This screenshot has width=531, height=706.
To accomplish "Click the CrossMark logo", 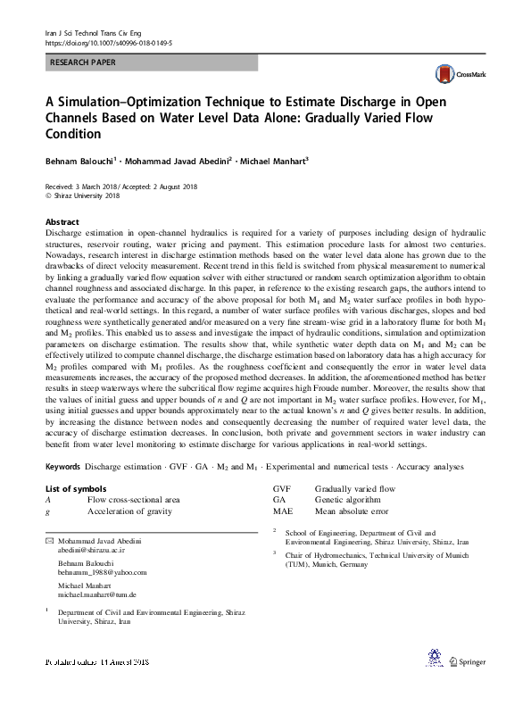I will [x=456, y=76].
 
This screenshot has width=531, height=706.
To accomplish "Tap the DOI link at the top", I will [x=108, y=42].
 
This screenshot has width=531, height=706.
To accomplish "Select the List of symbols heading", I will [x=76, y=488].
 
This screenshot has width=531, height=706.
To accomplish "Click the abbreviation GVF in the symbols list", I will [x=282, y=489].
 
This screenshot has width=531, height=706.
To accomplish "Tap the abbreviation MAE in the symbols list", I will [x=283, y=511].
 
